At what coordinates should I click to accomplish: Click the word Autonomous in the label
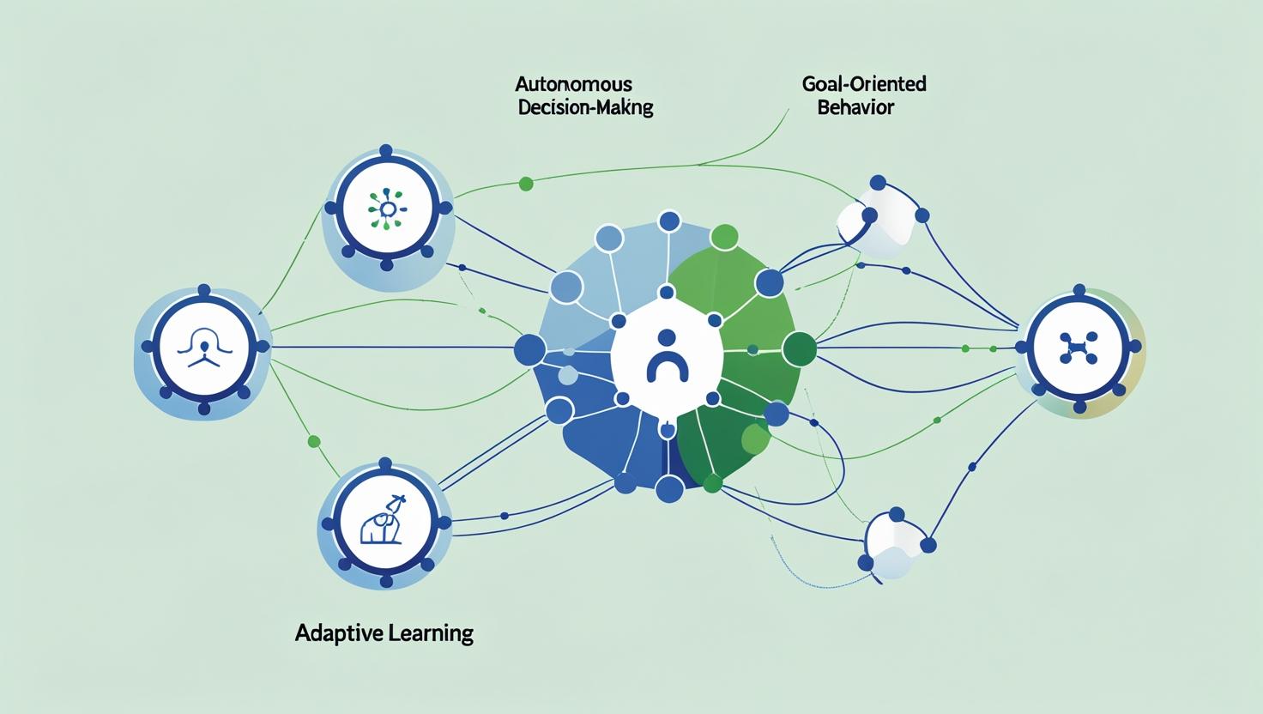pyautogui.click(x=573, y=84)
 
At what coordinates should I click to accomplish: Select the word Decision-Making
pyautogui.click(x=585, y=109)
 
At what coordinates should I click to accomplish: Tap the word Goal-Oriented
pyautogui.click(x=863, y=84)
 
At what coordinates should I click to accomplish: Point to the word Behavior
pyautogui.click(x=855, y=108)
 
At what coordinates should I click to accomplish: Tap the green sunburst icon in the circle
pyautogui.click(x=387, y=209)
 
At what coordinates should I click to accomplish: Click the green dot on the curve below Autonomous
pyautogui.click(x=526, y=183)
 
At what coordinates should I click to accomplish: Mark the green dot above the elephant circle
pyautogui.click(x=313, y=441)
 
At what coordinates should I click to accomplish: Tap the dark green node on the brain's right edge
pyautogui.click(x=800, y=348)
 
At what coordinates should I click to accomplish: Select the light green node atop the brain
pyautogui.click(x=725, y=237)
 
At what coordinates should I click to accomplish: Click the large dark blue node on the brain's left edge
pyautogui.click(x=529, y=349)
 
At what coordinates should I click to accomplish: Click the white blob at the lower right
pyautogui.click(x=892, y=541)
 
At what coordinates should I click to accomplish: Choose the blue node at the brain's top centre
pyautogui.click(x=668, y=221)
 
